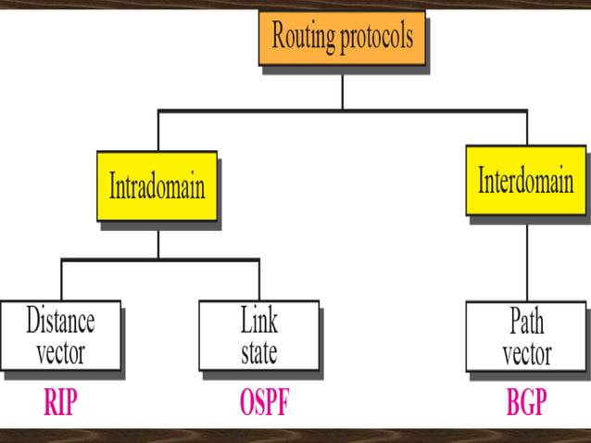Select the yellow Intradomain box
tap(157, 185)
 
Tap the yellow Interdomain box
tap(525, 180)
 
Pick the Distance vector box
tap(60, 336)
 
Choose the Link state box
tap(258, 336)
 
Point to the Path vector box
tap(526, 336)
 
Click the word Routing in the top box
tap(304, 38)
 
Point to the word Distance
tap(60, 322)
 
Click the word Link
tap(258, 322)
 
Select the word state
tap(258, 352)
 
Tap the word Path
tap(526, 322)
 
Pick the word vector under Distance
tap(60, 352)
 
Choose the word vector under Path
tap(526, 352)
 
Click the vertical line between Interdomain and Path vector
tap(527, 259)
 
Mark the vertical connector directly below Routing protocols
tap(343, 91)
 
